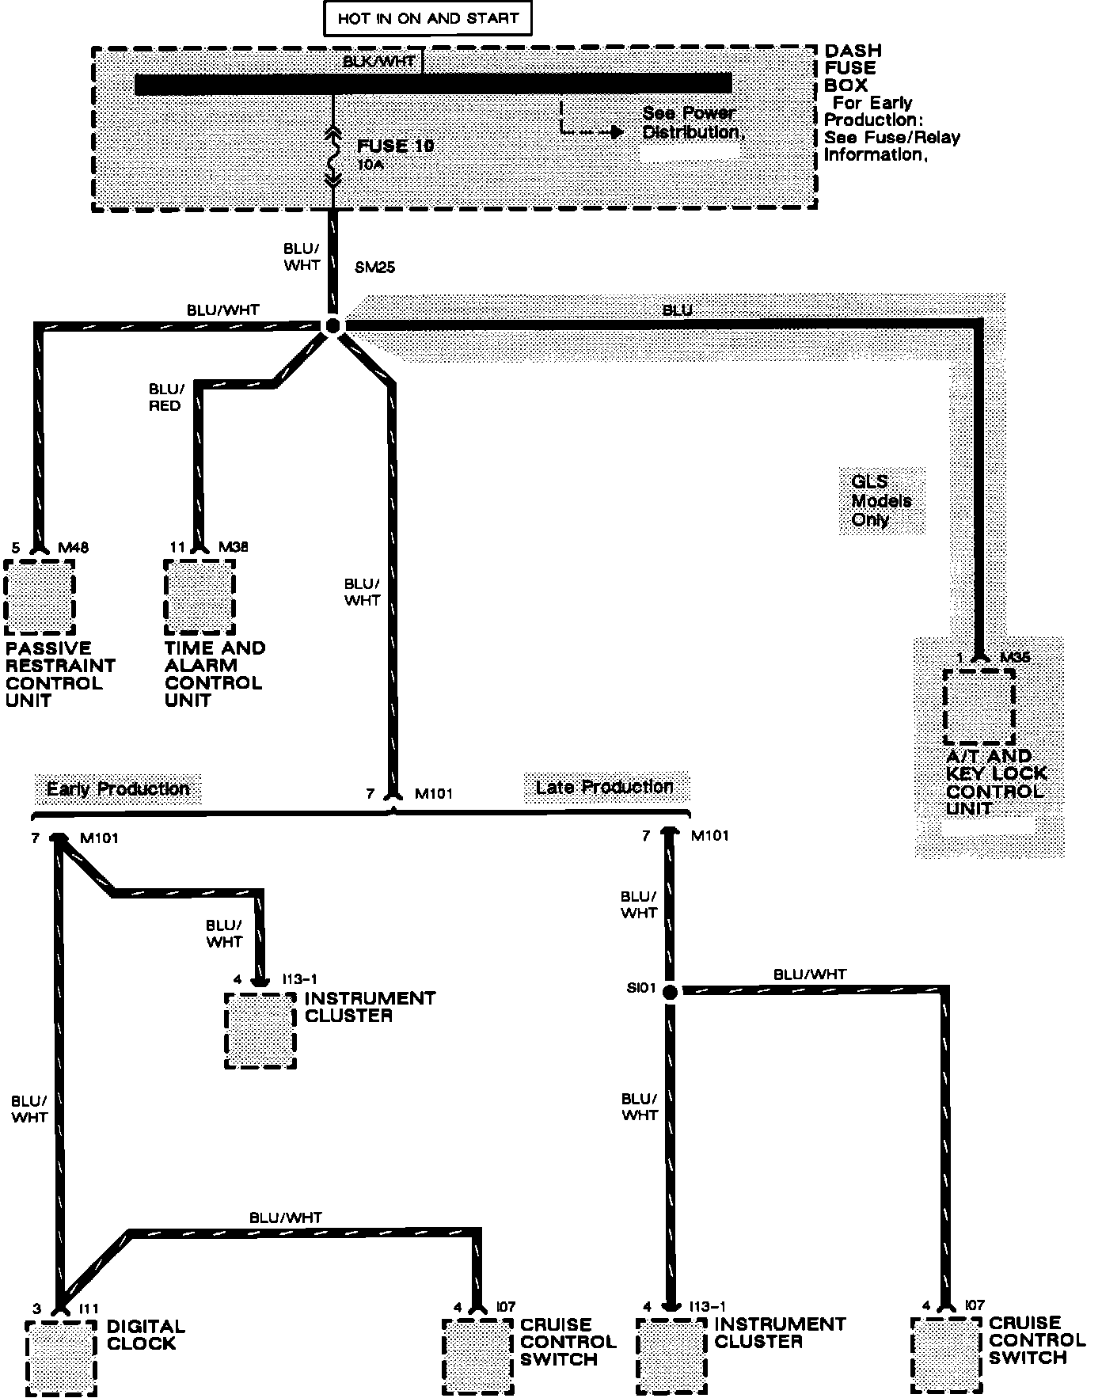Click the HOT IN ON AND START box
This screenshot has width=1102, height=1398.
point(427,19)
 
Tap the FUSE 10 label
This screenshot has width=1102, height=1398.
point(395,146)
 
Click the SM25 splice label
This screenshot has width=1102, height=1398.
point(374,268)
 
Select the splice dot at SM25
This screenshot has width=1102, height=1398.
point(332,325)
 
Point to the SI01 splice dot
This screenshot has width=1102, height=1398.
point(670,991)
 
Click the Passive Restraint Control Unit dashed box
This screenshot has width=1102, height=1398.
point(40,597)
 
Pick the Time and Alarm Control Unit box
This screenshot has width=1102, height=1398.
point(199,597)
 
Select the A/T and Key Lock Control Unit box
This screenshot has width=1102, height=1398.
point(978,707)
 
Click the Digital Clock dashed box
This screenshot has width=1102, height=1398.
point(61,1358)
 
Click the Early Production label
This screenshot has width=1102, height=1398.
point(118,789)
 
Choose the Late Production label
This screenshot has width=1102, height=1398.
point(604,787)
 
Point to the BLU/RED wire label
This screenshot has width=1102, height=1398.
point(165,397)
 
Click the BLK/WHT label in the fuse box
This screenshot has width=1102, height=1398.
point(378,61)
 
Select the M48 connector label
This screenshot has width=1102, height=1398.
point(74,548)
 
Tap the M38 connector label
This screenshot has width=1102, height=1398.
point(234,547)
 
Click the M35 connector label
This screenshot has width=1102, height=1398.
point(1015,657)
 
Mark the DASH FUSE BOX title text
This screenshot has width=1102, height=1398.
point(852,68)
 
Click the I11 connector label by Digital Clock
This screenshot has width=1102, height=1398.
point(86,1309)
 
